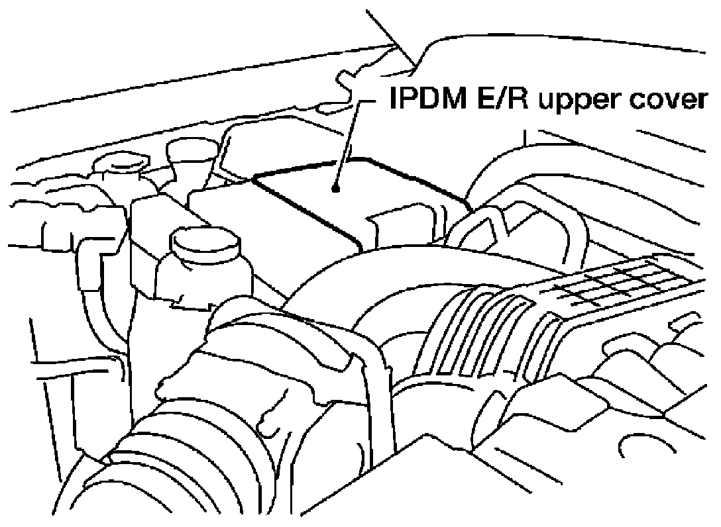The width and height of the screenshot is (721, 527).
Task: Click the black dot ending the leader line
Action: pyautogui.click(x=337, y=189)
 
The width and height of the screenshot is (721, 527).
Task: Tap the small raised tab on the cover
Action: pyautogui.click(x=391, y=225)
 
